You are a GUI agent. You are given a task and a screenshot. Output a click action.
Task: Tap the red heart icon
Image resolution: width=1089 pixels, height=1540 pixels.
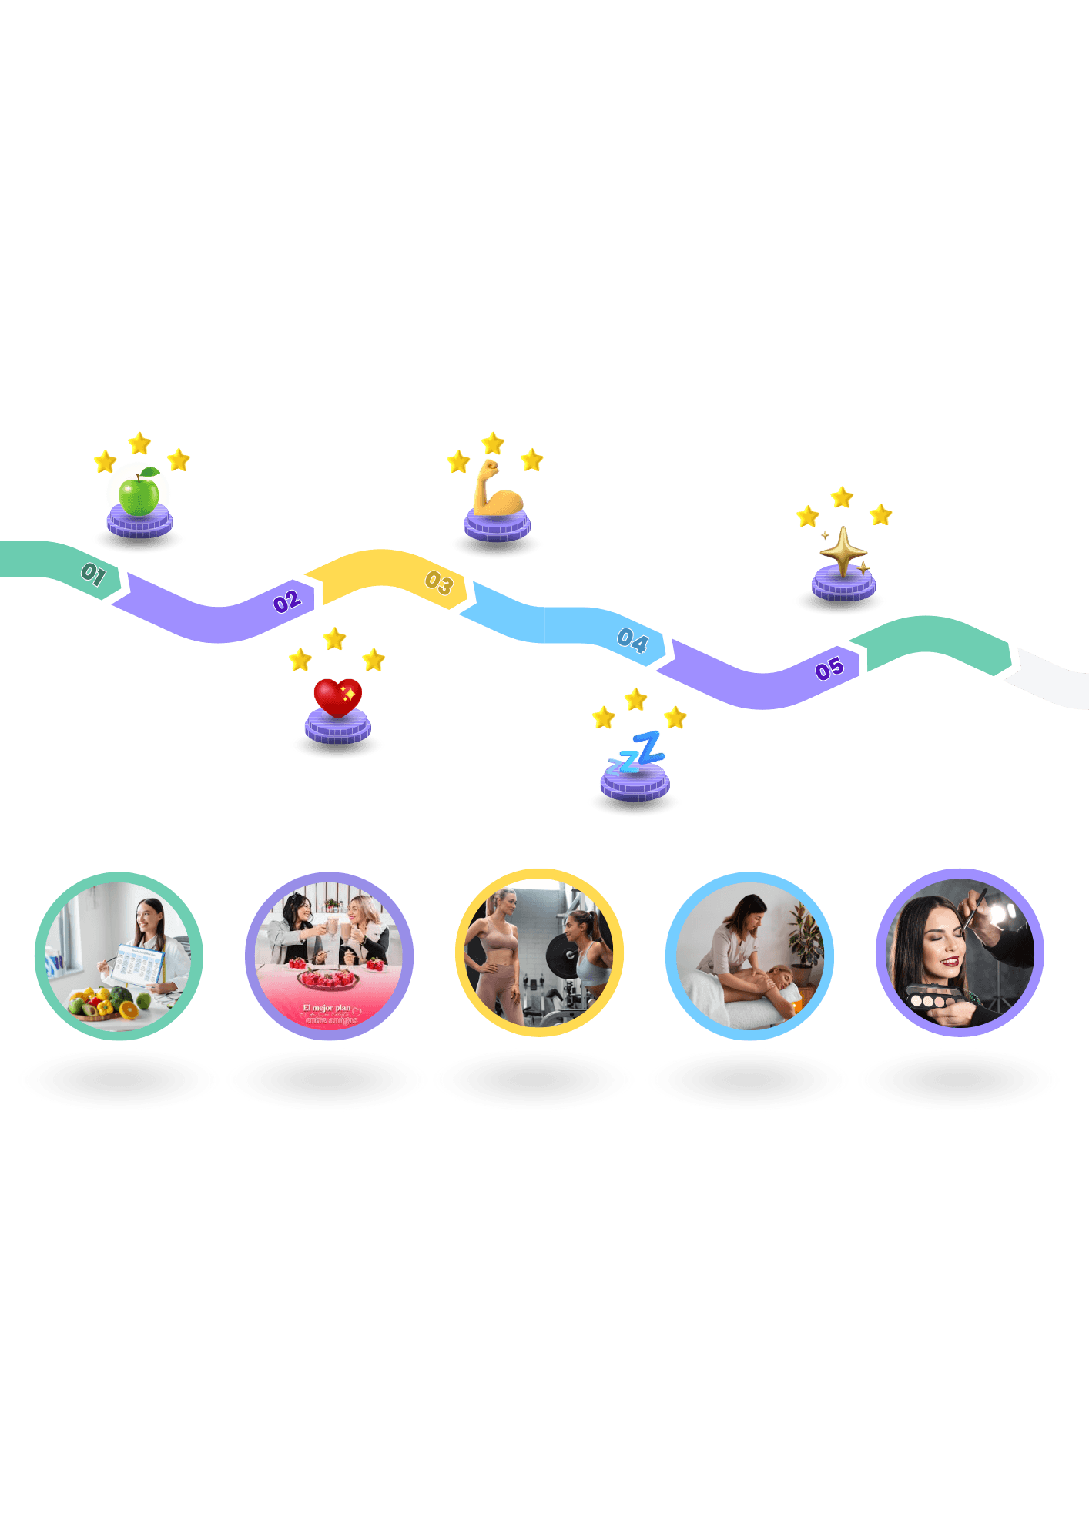pos(337,697)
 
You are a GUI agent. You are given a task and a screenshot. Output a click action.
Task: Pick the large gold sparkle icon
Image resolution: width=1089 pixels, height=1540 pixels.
pos(843,550)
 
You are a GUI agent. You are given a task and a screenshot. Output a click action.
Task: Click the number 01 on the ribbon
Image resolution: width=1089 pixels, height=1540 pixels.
pos(93,574)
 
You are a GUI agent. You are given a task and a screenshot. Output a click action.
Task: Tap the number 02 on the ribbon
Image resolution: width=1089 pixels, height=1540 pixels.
pos(287,601)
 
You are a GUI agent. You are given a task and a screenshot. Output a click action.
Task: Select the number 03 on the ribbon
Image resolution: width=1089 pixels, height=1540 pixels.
pos(439,583)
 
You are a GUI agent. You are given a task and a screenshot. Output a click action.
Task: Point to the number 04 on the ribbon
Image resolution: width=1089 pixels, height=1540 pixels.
pos(632,640)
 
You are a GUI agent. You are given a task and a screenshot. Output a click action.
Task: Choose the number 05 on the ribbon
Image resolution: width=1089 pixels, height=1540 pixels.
pos(829,669)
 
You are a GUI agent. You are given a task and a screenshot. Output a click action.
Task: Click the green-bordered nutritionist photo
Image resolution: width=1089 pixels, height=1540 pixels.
pos(119,956)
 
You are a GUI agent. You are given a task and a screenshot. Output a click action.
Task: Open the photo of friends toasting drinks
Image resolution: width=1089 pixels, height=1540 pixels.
pos(329,956)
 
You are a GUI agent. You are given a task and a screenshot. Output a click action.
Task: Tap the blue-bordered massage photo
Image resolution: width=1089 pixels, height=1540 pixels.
pos(749,956)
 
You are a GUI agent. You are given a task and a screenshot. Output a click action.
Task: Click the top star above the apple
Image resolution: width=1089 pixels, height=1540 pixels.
pos(139,443)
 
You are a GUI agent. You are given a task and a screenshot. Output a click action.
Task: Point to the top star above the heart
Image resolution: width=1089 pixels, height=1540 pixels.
pos(334,638)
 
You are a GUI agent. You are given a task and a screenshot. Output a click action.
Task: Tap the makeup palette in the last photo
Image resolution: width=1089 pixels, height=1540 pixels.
pos(935,999)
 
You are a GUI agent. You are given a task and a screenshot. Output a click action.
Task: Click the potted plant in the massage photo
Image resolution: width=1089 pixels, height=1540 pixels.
pos(804,932)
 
